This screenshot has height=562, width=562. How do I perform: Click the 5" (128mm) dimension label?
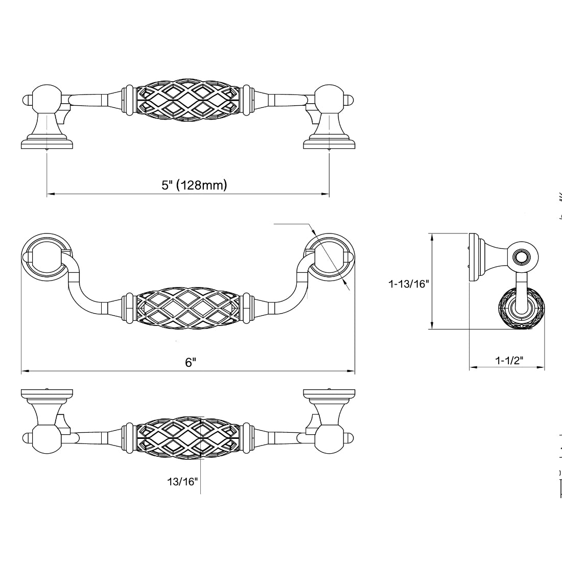pyautogui.click(x=194, y=185)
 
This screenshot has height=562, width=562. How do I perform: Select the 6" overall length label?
pyautogui.click(x=191, y=362)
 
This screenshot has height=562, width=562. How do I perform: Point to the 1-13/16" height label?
pyautogui.click(x=407, y=284)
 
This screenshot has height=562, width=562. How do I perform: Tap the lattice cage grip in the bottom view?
pyautogui.click(x=189, y=438)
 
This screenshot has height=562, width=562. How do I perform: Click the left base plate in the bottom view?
pyautogui.click(x=47, y=393)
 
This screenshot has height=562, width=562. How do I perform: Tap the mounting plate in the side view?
pyautogui.click(x=474, y=257)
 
